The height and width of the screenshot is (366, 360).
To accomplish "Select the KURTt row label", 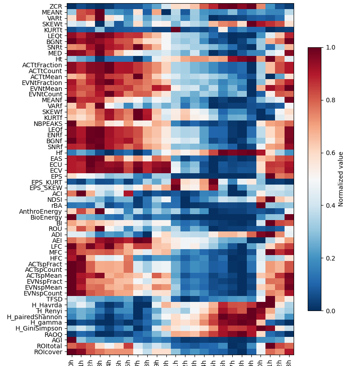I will (x=53, y=30).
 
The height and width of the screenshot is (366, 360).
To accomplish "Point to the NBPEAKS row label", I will (x=48, y=123).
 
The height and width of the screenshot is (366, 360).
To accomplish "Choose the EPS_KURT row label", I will (x=46, y=182).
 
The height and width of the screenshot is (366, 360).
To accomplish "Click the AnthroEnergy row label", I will (x=41, y=211).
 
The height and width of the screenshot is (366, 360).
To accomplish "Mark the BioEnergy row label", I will (x=47, y=217).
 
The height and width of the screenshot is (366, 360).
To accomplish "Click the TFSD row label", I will (x=55, y=299).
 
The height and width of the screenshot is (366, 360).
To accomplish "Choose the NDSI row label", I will (x=55, y=200).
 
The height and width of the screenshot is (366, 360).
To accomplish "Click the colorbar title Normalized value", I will (x=341, y=179).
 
